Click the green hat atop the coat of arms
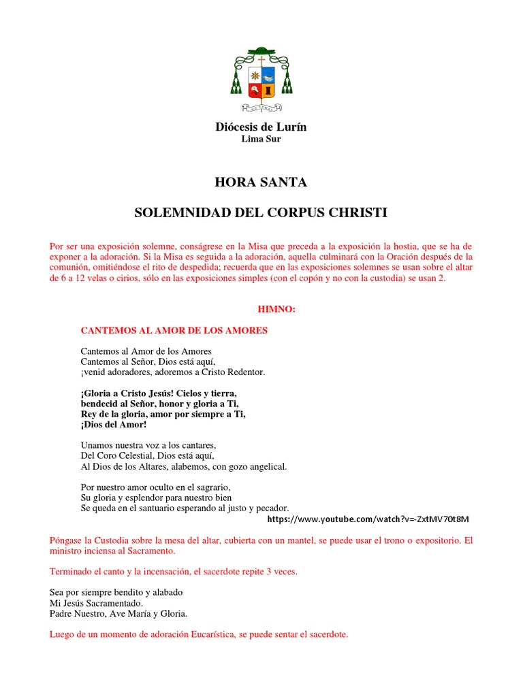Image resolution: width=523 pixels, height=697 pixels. [x=261, y=52]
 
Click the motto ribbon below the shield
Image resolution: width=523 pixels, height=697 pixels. [x=261, y=108]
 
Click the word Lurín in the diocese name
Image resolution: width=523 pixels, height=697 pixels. [x=293, y=127]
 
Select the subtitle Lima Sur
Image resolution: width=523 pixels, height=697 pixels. [x=261, y=139]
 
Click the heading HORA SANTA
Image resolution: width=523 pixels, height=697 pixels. [x=261, y=182]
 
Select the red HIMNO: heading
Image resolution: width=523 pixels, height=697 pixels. [x=276, y=309]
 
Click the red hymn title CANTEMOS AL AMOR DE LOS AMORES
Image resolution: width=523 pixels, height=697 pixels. [x=174, y=331]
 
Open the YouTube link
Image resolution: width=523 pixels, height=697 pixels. [x=368, y=519]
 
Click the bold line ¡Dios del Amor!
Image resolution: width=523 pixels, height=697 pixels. [x=113, y=424]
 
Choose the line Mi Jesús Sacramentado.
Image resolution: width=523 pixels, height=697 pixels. [x=97, y=603]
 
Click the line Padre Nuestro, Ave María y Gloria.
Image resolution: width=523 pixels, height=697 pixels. [x=118, y=613]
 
